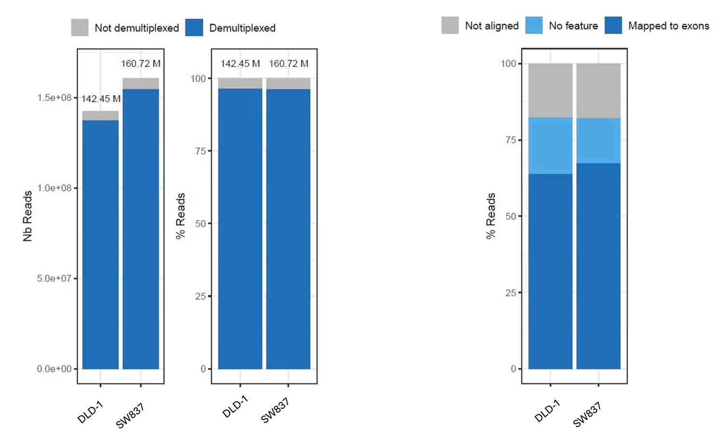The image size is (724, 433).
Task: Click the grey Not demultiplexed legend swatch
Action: coord(80,27)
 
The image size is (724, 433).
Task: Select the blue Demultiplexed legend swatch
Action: coord(194,27)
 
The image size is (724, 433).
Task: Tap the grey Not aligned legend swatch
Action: coord(450,25)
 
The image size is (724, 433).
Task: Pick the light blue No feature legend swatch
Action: coord(533,25)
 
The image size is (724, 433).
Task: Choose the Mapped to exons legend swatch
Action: coord(613,25)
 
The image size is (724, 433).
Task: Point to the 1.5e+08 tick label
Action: coord(54,98)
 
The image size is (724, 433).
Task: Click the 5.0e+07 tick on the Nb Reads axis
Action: coord(54,279)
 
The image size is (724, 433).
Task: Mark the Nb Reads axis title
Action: coord(28,216)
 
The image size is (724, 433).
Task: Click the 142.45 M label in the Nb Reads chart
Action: coord(100,99)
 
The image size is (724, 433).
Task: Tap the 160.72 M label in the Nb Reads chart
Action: coord(140,64)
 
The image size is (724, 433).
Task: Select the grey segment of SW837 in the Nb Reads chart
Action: coord(140,83)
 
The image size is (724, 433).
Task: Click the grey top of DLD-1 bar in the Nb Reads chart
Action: coord(100,116)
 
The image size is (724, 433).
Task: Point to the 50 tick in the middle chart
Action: coord(200,224)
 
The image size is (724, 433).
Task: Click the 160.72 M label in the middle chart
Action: coord(288,64)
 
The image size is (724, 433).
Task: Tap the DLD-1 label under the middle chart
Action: coord(235,406)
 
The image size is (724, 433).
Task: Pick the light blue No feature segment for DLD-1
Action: coord(550,146)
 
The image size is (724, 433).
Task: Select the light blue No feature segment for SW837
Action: coord(599,141)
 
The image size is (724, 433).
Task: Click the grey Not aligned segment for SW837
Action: coord(599,91)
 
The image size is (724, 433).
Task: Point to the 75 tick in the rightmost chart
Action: coord(511,140)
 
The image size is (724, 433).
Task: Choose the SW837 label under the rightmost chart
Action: coord(587,415)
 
